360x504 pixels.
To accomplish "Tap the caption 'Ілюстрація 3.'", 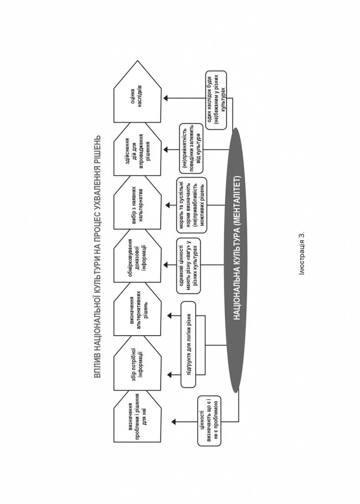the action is [301, 253].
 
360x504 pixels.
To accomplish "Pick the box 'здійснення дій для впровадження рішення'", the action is [137, 149].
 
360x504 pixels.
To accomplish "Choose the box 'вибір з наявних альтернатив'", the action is [137, 202].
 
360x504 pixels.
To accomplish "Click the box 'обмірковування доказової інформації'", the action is [137, 256].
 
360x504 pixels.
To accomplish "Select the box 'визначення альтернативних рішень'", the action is [137, 310].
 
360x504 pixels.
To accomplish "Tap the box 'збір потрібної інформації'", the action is [137, 364].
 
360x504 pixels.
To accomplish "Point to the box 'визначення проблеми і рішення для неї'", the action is [137, 416].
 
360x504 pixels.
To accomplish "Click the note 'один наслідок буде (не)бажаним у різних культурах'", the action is [216, 100].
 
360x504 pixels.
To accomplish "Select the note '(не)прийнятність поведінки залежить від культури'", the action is [191, 148].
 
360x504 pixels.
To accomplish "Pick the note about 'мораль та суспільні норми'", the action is [192, 205].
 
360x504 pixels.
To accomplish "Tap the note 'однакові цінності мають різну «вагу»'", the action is [188, 265].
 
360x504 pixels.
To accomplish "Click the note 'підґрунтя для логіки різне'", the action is [188, 344].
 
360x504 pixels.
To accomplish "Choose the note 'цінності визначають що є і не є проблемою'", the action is [210, 421].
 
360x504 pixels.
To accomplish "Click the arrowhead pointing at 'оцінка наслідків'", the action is [166, 98].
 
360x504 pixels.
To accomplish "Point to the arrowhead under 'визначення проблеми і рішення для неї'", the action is [174, 421].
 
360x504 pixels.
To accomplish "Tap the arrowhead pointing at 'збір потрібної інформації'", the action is [170, 375].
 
